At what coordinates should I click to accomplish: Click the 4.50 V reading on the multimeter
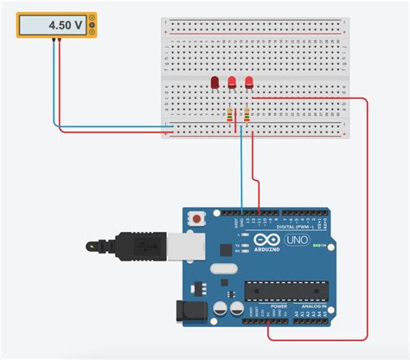[x=54, y=25]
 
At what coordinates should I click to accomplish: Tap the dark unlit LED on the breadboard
[x=215, y=83]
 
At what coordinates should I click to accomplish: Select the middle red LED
[x=232, y=83]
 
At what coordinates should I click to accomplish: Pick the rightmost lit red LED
[x=249, y=83]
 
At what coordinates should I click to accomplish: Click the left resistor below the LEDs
[x=230, y=114]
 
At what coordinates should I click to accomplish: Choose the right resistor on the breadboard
[x=247, y=114]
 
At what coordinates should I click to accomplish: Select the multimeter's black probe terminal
[x=53, y=40]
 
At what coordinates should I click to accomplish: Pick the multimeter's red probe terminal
[x=60, y=40]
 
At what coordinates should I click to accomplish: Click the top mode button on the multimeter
[x=93, y=20]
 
